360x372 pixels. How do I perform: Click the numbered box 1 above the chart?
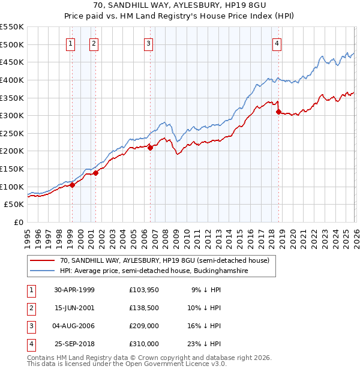[71, 43]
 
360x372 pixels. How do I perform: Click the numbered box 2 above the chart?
[94, 43]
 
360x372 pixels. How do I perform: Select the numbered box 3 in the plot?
[148, 43]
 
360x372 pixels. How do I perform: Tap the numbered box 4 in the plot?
[277, 43]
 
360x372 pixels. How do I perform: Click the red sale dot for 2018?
[278, 112]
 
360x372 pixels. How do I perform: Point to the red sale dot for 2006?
[150, 148]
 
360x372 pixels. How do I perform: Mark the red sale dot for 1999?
[73, 185]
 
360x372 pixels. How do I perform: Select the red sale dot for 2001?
[95, 173]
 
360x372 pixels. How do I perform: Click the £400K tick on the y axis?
[12, 80]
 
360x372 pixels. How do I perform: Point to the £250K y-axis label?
[12, 133]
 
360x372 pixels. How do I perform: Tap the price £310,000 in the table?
[144, 344]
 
